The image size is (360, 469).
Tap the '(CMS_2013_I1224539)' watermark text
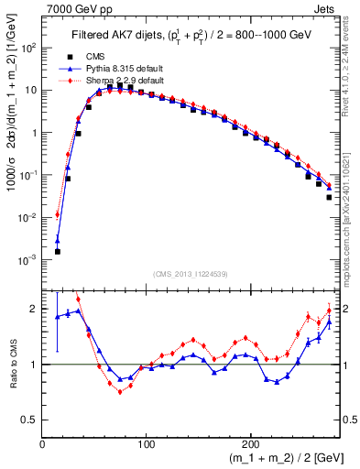191,274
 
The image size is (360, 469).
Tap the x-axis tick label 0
42,442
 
